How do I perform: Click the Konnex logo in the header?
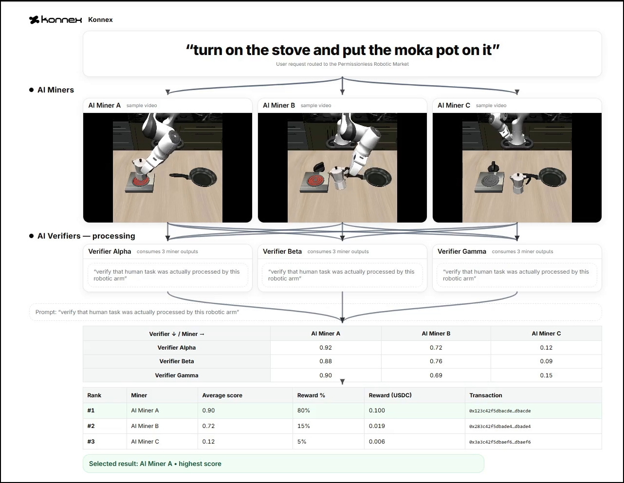(55, 19)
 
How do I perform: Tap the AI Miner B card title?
(279, 105)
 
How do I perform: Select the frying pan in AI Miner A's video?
(193, 177)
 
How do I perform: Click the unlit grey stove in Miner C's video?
(489, 182)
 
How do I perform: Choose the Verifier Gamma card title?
(462, 252)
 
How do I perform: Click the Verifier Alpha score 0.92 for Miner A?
(326, 348)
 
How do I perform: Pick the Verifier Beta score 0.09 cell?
(546, 361)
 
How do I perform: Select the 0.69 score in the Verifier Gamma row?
(436, 375)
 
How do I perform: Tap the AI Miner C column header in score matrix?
(546, 334)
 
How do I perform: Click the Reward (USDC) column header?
(390, 395)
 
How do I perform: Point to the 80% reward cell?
(304, 410)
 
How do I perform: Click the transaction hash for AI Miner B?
(500, 427)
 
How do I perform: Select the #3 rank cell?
(91, 442)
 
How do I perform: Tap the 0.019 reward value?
(377, 426)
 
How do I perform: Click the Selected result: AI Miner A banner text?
(155, 464)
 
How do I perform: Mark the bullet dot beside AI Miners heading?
(31, 90)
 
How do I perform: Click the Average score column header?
(222, 395)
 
